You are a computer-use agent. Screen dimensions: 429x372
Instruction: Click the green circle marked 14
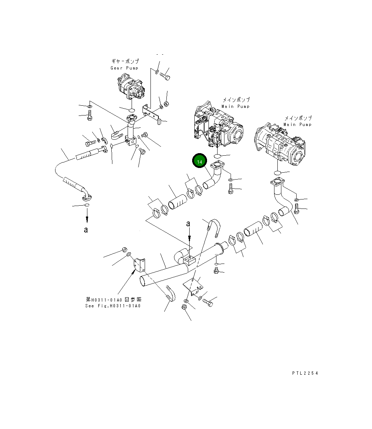(199, 161)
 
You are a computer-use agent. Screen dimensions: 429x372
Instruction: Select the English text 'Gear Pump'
(124, 68)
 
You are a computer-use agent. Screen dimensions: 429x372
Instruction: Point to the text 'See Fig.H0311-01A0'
(112, 306)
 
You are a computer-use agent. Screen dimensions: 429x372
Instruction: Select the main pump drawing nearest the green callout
(218, 125)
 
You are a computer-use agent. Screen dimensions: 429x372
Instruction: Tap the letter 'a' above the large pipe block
(188, 224)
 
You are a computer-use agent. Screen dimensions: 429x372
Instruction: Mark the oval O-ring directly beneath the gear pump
(131, 110)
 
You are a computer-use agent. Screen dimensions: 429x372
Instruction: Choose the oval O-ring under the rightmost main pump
(278, 172)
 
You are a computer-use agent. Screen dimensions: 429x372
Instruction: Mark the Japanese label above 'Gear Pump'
(125, 62)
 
